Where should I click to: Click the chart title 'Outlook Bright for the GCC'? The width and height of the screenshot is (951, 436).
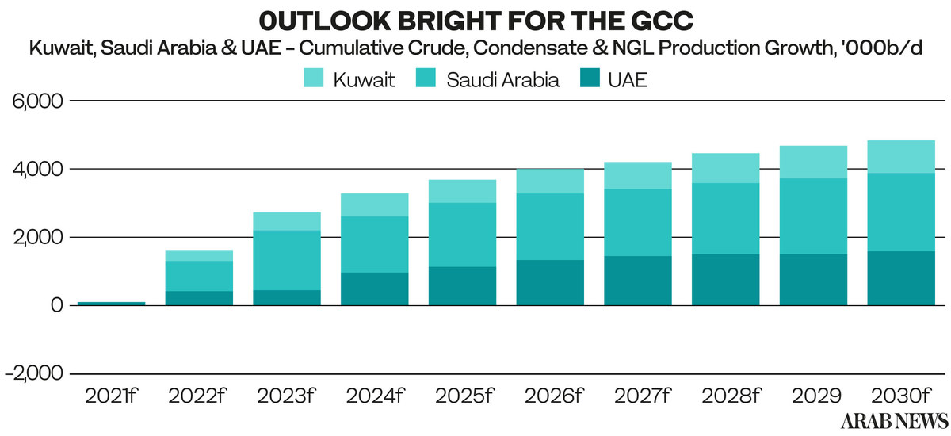(475, 17)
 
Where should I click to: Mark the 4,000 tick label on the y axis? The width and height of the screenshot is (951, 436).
(38, 170)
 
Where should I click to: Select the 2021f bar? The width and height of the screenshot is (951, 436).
(111, 303)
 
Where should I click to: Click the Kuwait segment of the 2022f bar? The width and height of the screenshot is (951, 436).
(199, 255)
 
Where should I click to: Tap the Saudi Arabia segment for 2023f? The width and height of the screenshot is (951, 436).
(287, 260)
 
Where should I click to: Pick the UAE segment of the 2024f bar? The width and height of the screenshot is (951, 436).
(374, 289)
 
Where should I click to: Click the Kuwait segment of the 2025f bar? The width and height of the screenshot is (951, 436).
(462, 191)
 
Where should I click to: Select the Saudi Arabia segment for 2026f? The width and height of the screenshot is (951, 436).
(550, 227)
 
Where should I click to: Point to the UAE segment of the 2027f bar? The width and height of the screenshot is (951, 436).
(638, 281)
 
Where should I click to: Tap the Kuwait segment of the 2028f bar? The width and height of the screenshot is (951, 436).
(726, 168)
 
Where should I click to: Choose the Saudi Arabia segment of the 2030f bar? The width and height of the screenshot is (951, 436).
(901, 212)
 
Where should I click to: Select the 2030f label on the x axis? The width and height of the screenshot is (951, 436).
(901, 396)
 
